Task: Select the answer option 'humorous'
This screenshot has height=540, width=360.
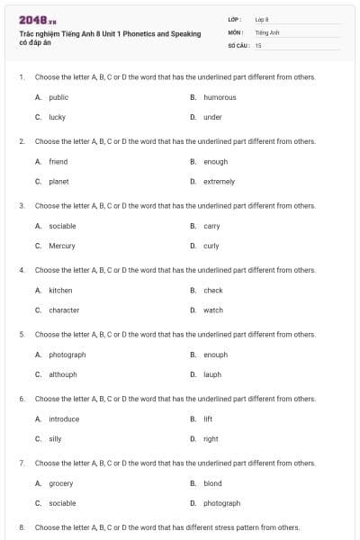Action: point(220,97)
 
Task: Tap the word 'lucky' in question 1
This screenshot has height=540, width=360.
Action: point(57,117)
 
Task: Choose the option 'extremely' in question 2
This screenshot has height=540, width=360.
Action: point(219,181)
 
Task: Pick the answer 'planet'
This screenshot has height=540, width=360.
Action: point(58,181)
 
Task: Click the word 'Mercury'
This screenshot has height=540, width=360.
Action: point(62,246)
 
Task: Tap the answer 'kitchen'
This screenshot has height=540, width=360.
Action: point(60,291)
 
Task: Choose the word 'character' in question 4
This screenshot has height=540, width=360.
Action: point(64,310)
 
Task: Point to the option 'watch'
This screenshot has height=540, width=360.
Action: point(213,310)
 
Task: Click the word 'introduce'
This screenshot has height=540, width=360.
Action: point(64,418)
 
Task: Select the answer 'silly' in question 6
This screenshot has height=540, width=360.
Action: point(55,438)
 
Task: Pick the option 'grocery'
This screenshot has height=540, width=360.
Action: point(61,483)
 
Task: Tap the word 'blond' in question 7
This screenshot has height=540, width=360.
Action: point(212,483)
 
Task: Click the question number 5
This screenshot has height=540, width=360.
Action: point(22,334)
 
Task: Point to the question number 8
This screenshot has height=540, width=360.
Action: point(22,527)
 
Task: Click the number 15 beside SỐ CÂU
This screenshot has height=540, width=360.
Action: point(258,44)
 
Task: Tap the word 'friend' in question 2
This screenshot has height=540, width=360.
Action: point(58,162)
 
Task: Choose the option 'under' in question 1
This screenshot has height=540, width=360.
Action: point(212,117)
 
